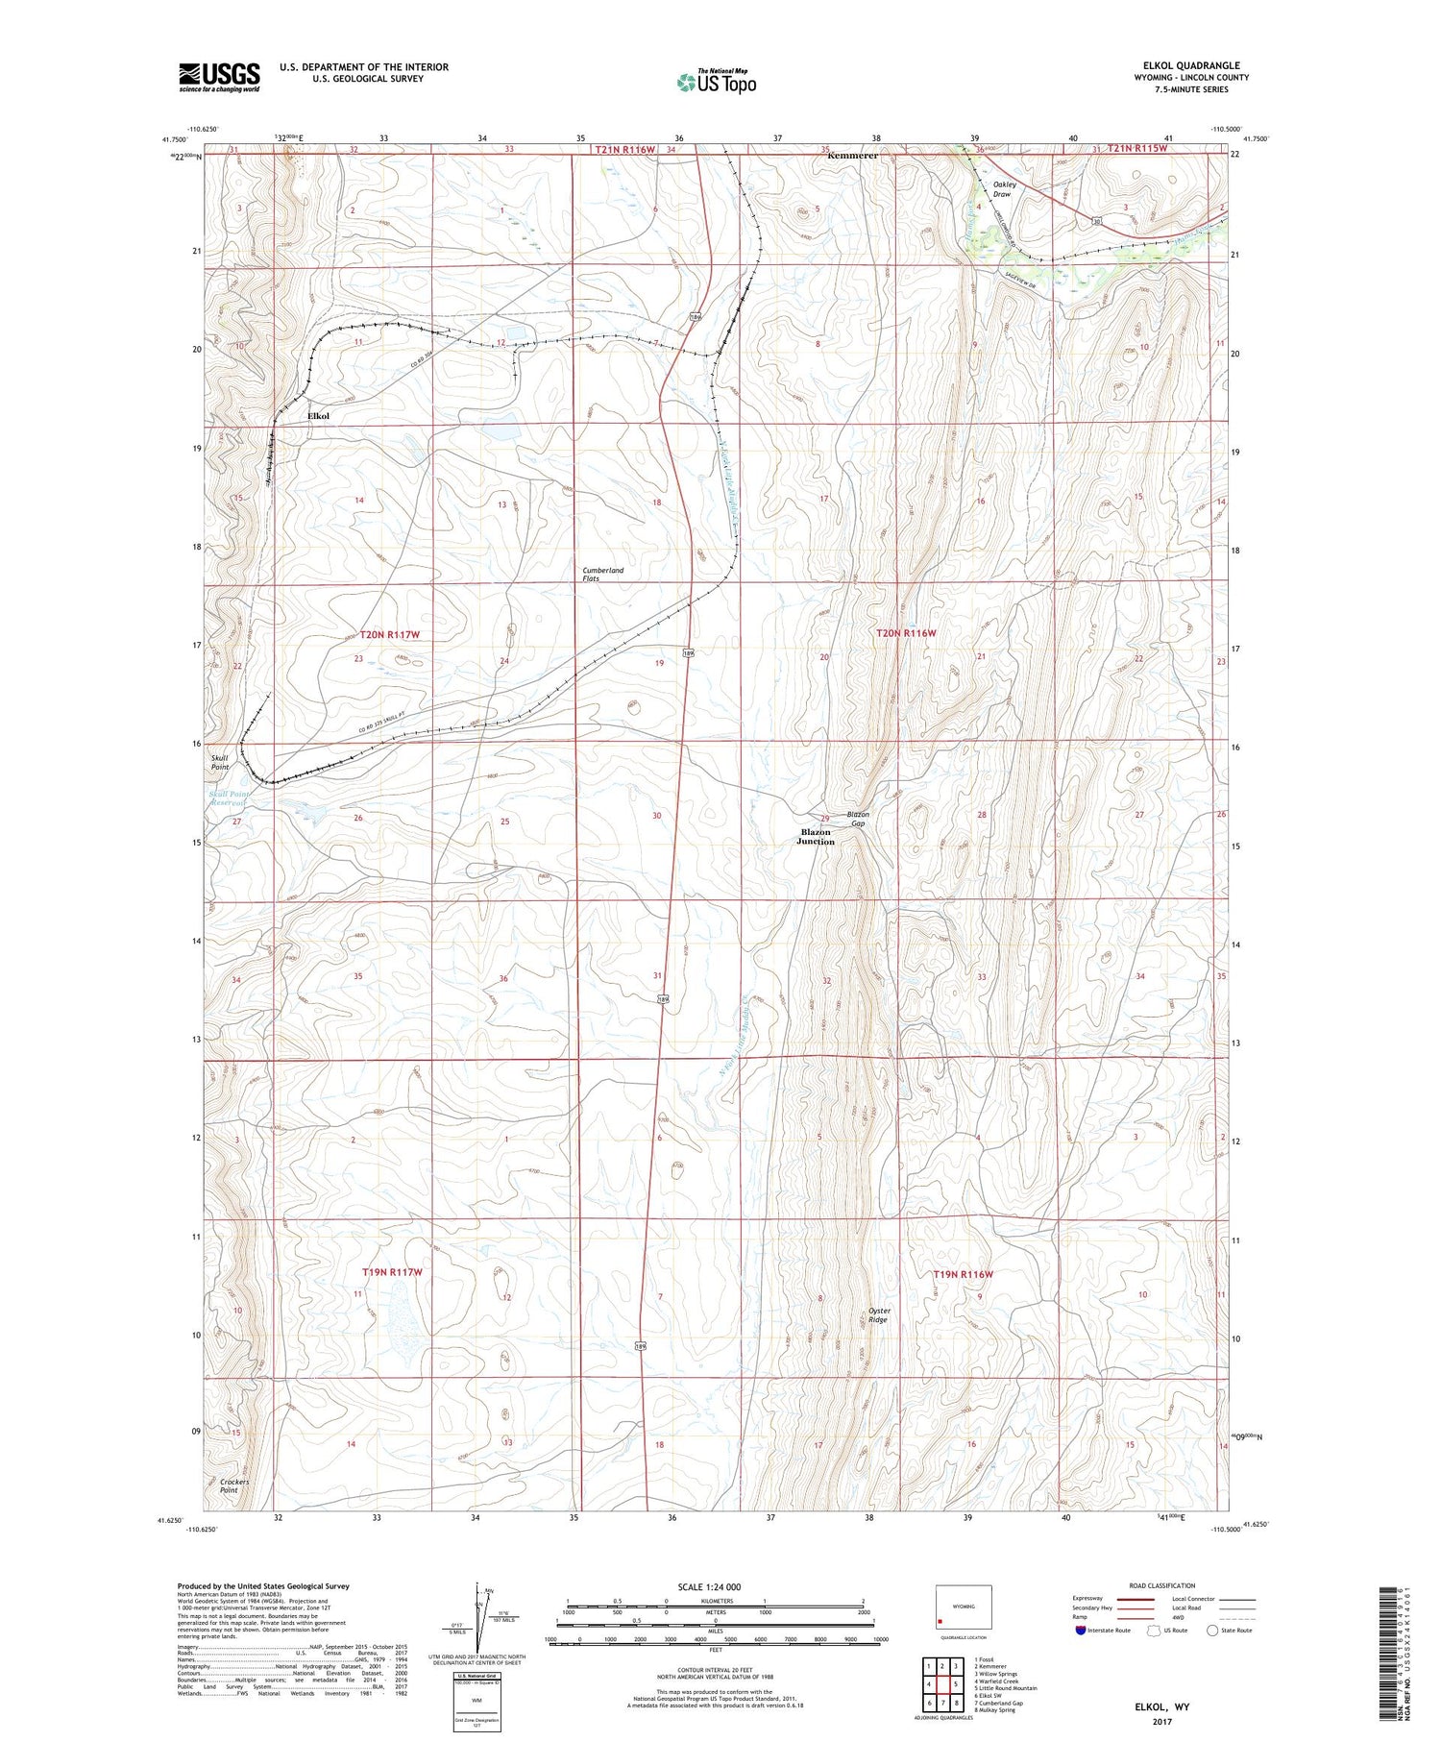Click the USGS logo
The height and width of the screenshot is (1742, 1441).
pyautogui.click(x=219, y=77)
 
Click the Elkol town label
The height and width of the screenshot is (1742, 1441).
pyautogui.click(x=318, y=415)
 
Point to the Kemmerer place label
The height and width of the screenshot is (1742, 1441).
pyautogui.click(x=852, y=155)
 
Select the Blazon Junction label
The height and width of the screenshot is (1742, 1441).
pyautogui.click(x=815, y=836)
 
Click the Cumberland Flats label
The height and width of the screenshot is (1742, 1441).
pyautogui.click(x=602, y=575)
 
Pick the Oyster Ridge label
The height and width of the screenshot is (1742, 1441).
pyautogui.click(x=878, y=1314)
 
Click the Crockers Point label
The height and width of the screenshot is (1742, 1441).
pyautogui.click(x=233, y=1485)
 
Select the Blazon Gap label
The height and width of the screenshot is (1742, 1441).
pyautogui.click(x=857, y=819)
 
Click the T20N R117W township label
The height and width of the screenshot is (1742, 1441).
pyautogui.click(x=390, y=634)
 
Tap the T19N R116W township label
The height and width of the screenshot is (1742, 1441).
pyautogui.click(x=963, y=1274)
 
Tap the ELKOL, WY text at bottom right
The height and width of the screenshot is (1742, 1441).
pyautogui.click(x=1161, y=1706)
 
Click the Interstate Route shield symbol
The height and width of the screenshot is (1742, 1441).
pyautogui.click(x=1080, y=1631)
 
